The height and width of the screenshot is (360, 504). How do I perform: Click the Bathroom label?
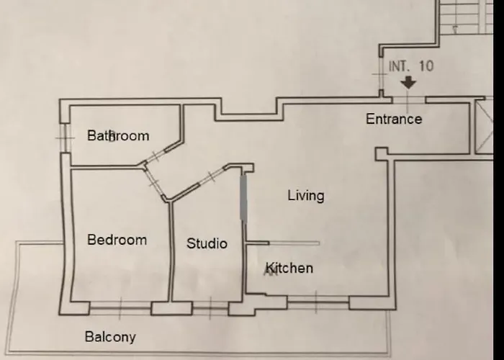118,135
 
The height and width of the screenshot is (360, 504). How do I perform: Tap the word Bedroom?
117,240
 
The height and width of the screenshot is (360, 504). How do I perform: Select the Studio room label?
207,243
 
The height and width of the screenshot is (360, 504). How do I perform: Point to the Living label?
306,196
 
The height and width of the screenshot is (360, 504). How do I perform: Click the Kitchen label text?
289,268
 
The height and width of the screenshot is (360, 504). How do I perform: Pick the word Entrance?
394,119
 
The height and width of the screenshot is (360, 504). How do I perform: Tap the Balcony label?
110,337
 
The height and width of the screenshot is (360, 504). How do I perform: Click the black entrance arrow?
408,83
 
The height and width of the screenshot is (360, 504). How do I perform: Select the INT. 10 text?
411,66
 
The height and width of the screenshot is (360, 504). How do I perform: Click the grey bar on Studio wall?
243,198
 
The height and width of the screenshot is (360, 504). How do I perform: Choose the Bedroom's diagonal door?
154,183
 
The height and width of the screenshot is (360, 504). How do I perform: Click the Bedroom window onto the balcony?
120,308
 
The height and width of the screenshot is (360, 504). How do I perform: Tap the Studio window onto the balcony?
210,308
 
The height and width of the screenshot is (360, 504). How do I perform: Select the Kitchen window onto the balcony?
318,302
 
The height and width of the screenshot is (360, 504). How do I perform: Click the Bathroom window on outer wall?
66,138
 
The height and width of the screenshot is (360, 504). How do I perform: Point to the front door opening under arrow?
408,100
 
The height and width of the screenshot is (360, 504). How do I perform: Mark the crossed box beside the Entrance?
484,127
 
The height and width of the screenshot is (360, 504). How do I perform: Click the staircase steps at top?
467,17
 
